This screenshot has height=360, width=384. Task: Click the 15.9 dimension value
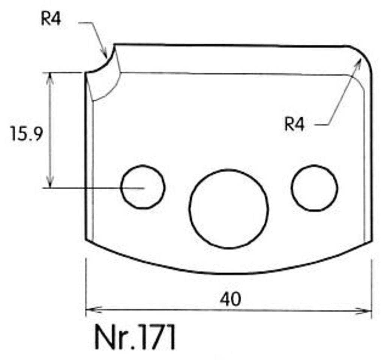pyautogui.click(x=27, y=134)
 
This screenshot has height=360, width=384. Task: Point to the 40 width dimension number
pyautogui.click(x=230, y=299)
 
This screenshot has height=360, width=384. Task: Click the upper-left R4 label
pyautogui.click(x=51, y=18)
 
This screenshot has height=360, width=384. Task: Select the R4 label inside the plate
pyautogui.click(x=294, y=124)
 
